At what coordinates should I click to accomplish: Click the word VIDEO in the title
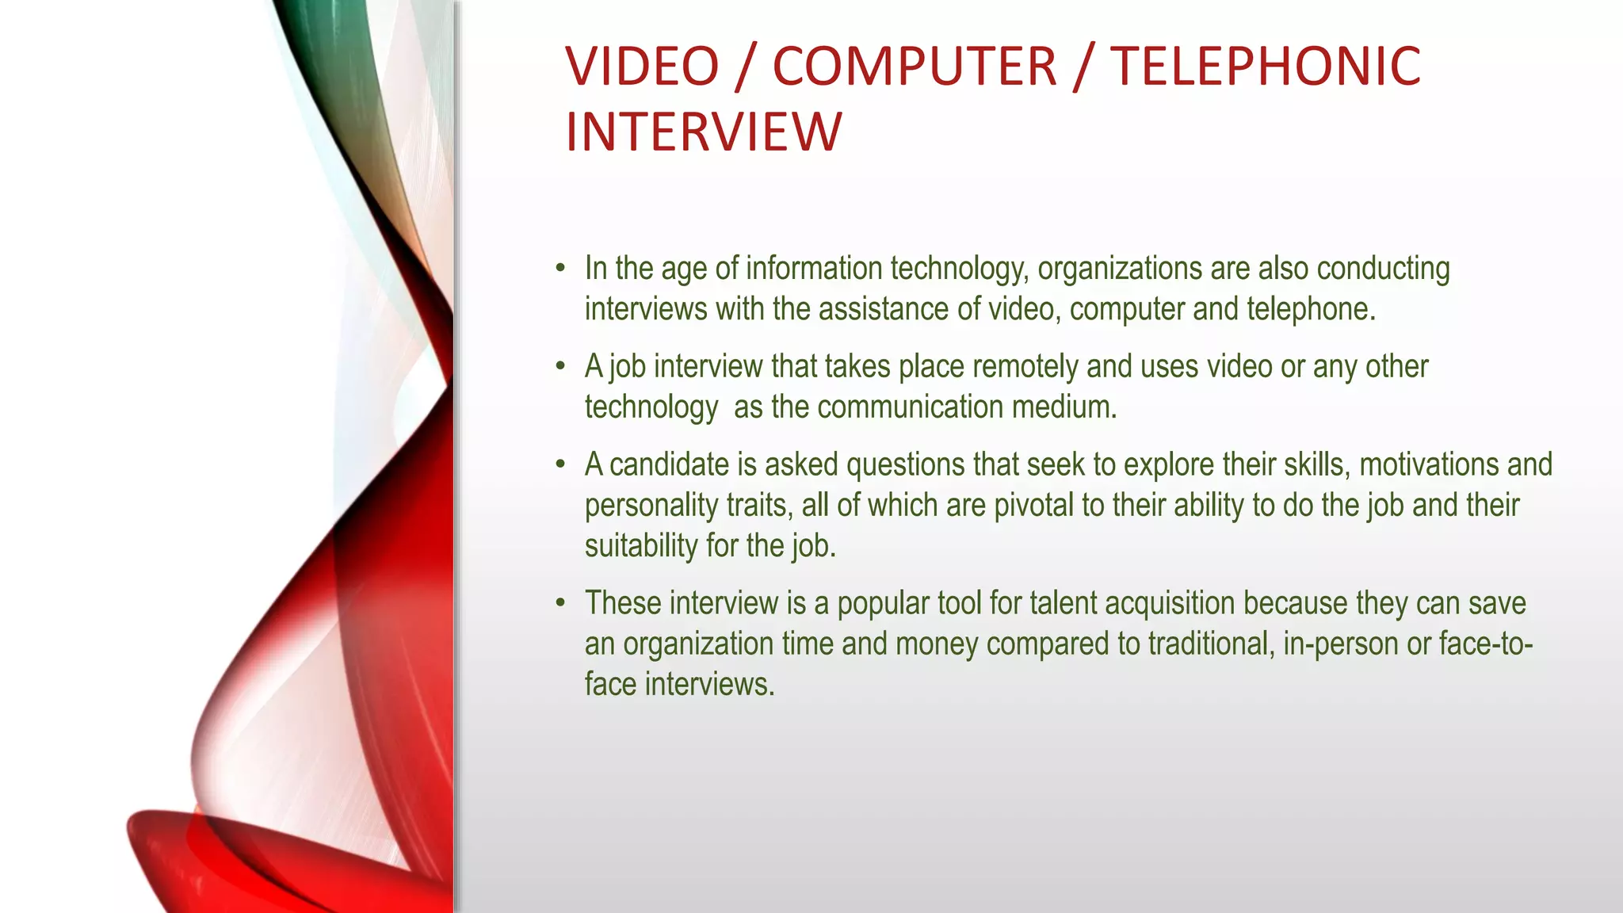click(642, 67)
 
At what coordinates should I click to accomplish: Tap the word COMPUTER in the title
click(915, 67)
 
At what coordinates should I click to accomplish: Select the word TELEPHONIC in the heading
click(1265, 67)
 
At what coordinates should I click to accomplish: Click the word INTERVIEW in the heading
click(703, 132)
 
